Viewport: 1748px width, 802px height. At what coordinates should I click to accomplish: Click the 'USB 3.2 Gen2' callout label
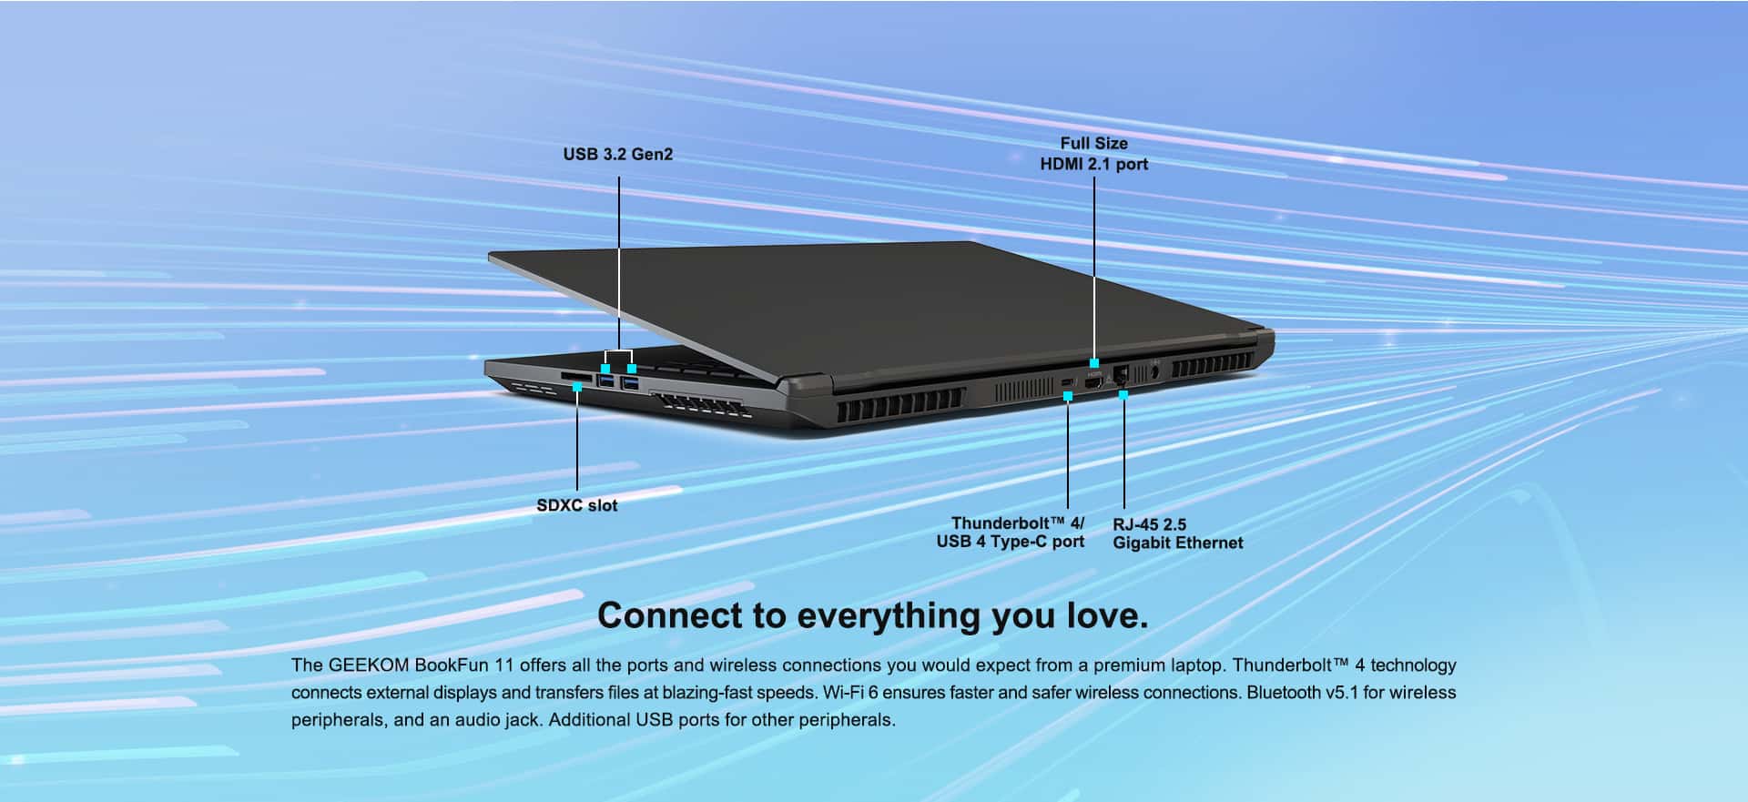pyautogui.click(x=618, y=154)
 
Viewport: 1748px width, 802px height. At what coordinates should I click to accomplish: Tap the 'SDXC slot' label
pyautogui.click(x=577, y=505)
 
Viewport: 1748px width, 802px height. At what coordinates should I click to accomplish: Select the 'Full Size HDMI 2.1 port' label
pyautogui.click(x=1094, y=153)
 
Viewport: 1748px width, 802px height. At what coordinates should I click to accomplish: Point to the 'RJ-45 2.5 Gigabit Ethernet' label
pyautogui.click(x=1177, y=533)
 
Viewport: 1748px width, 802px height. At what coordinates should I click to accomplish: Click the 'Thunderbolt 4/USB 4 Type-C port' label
pyautogui.click(x=1011, y=533)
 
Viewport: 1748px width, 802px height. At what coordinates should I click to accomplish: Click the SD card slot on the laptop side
pyautogui.click(x=574, y=375)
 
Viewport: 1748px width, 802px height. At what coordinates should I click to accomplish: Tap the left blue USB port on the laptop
pyautogui.click(x=605, y=381)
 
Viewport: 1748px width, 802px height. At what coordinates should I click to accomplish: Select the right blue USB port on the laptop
pyautogui.click(x=629, y=382)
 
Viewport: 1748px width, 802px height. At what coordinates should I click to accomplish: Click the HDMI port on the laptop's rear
pyautogui.click(x=1093, y=383)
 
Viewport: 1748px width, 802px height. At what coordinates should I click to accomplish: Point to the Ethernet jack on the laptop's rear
pyautogui.click(x=1122, y=376)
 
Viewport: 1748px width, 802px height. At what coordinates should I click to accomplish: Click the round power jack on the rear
pyautogui.click(x=1155, y=371)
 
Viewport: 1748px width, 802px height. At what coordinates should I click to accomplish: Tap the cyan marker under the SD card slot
pyautogui.click(x=577, y=388)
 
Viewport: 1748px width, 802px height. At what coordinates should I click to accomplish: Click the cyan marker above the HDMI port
pyautogui.click(x=1094, y=363)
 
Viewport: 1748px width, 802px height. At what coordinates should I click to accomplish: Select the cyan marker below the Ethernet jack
pyautogui.click(x=1123, y=394)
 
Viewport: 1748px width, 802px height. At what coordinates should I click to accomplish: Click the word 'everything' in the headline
pyautogui.click(x=889, y=616)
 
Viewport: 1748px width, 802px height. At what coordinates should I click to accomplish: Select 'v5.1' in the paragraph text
pyautogui.click(x=1342, y=692)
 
